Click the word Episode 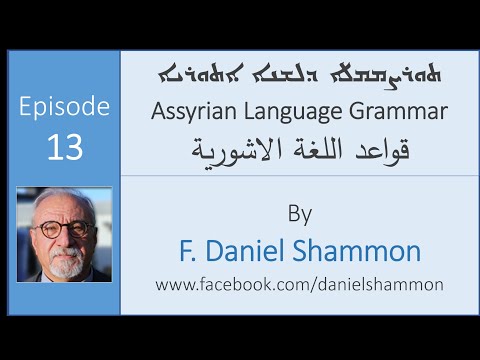point(63,107)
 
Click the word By point(299,213)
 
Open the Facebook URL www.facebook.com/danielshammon point(299,285)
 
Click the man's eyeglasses point(64,229)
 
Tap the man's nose point(64,240)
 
